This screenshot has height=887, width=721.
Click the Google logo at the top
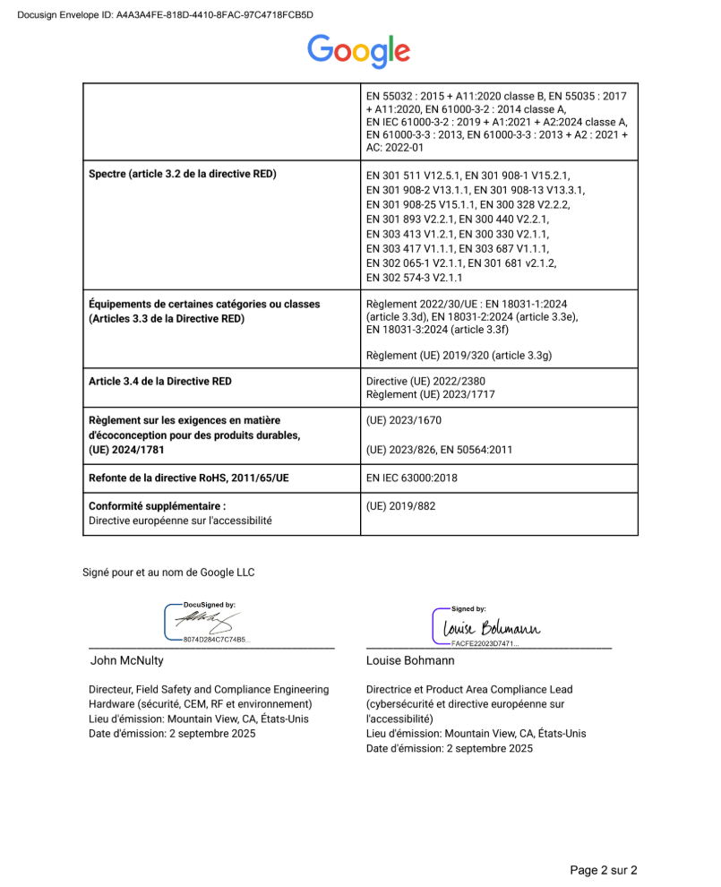pos(359,51)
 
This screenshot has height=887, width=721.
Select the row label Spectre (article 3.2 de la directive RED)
pos(183,174)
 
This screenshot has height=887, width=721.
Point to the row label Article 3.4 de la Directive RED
pos(160,381)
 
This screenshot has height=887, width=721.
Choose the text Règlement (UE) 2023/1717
pos(431,394)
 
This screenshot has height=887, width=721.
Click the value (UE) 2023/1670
pos(404,419)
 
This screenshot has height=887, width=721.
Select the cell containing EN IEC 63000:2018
pos(412,478)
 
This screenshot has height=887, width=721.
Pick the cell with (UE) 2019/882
pos(401,506)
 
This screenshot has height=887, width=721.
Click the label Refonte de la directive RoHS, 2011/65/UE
pos(189,478)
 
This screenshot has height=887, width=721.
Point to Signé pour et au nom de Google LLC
pos(169,571)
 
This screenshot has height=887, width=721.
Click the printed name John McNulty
pos(127,660)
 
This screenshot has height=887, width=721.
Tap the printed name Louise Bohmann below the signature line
pos(410,660)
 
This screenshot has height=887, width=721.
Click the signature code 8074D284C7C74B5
pos(217,640)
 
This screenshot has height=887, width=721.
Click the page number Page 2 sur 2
pos(604,869)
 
